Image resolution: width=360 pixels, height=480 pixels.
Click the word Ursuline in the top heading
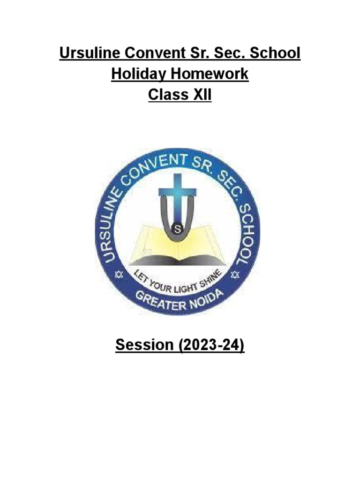coord(87,53)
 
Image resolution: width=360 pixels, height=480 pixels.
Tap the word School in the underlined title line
coord(273,53)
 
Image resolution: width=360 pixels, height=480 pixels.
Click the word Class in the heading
coord(166,95)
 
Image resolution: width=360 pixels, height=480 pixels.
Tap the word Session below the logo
coord(144,345)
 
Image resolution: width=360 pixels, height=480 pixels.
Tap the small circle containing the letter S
coord(177,229)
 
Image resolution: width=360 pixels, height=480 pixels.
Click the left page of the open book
coord(150,241)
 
